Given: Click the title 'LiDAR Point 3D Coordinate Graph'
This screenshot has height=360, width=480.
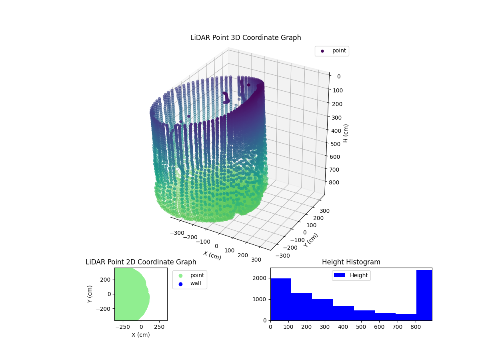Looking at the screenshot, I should [x=246, y=38].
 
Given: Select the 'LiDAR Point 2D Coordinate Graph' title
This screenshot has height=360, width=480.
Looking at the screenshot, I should [x=141, y=262].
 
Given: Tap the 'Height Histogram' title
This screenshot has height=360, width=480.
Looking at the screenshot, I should [x=351, y=262].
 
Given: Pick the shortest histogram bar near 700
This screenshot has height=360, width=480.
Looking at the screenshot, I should [x=406, y=317].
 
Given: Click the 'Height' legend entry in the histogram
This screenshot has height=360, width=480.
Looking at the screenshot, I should [x=351, y=275].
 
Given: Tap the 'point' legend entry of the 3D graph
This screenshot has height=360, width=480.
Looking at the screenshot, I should [x=332, y=51].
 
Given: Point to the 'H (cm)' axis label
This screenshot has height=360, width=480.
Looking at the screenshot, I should [x=346, y=133].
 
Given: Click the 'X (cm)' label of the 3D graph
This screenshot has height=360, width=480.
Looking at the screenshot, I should [x=212, y=255].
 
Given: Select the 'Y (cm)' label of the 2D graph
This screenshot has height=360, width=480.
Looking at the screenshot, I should [x=90, y=294].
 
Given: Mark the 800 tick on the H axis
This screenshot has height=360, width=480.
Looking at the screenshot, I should [x=336, y=182].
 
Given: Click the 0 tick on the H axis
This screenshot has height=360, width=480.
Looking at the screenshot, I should [x=338, y=76].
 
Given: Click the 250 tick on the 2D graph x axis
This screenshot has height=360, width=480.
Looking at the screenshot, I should [x=160, y=326].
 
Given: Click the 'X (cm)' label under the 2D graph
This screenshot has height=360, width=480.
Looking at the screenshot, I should [x=141, y=335].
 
